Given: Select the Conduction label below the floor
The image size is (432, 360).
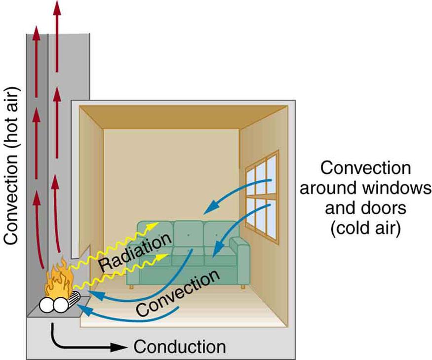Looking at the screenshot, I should [x=180, y=346].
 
